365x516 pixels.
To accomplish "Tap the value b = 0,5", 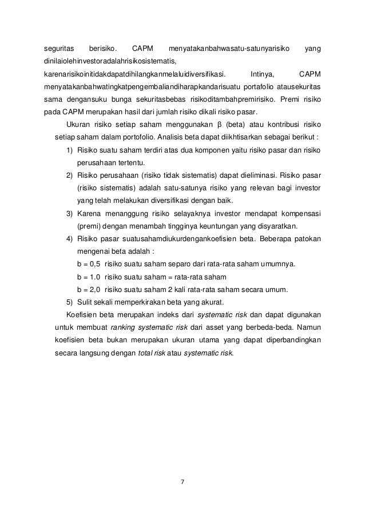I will [88, 263].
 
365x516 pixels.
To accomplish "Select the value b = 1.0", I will [88, 276].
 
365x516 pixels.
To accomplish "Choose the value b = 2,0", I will [88, 289].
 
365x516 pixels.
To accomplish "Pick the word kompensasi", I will [298, 213].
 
